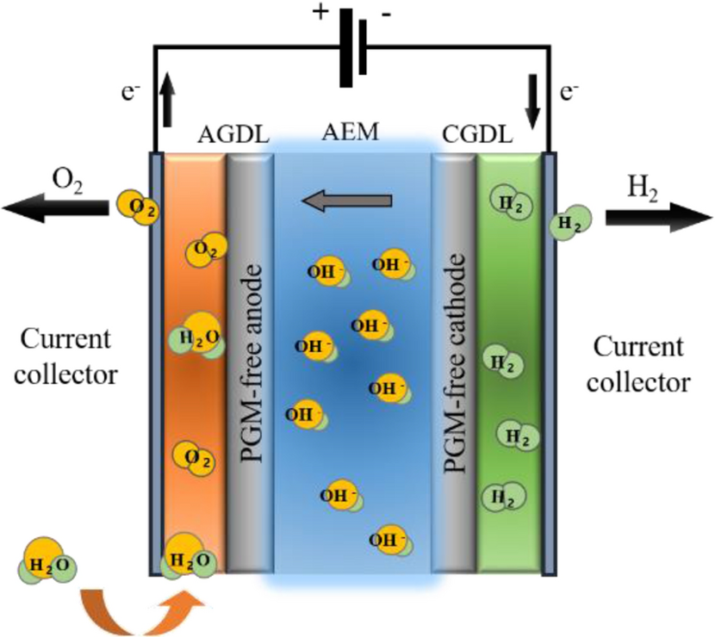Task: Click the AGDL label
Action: pos(233,135)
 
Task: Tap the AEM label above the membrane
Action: pos(351,132)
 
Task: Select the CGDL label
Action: pos(477,134)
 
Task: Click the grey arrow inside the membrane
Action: pos(347,201)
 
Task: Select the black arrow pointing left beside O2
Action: pos(56,208)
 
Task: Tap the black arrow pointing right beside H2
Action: pos(658,218)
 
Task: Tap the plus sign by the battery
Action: pos(320,12)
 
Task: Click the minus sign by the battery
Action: pos(386,15)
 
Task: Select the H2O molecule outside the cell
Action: pos(47,561)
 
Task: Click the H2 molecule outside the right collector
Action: pos(570,222)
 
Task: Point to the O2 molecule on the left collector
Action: pos(138,207)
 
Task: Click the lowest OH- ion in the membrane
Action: pos(389,540)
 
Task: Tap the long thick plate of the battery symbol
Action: pos(346,48)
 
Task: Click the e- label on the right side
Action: pos(569,92)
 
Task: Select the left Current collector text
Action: pos(65,357)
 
